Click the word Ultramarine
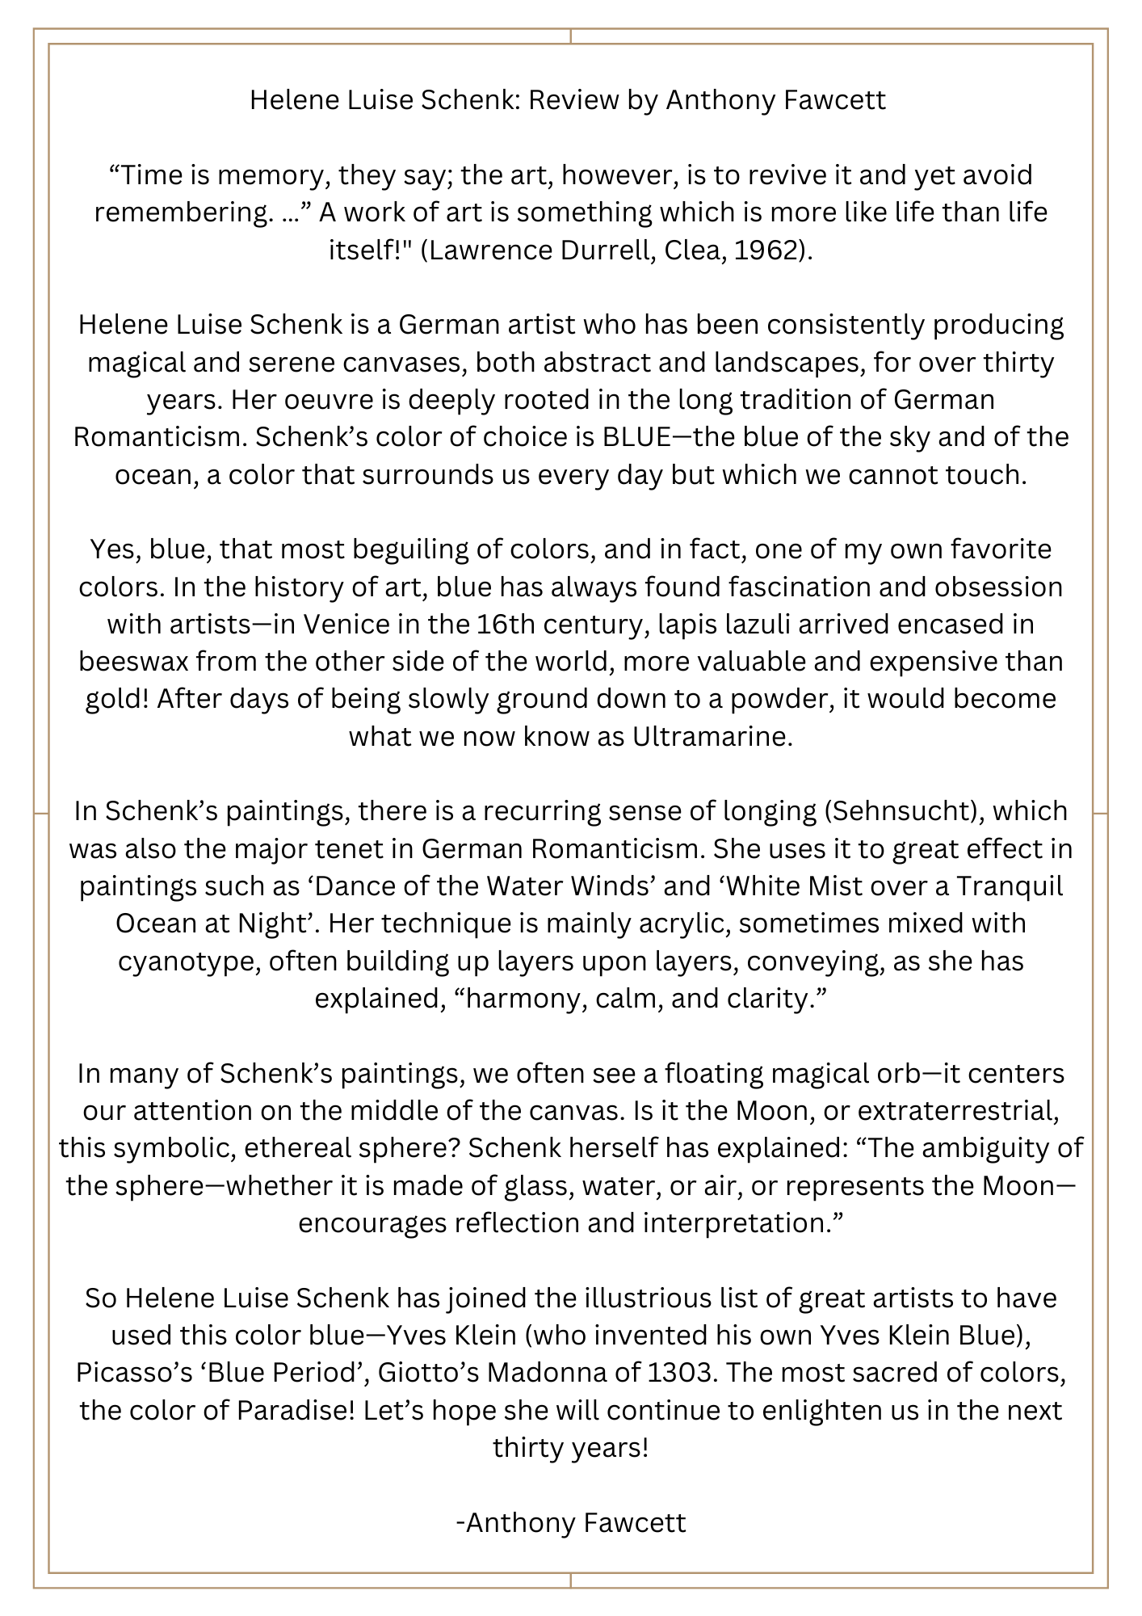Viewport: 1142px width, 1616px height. click(708, 737)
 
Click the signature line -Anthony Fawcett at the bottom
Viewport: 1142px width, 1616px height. click(571, 1522)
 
